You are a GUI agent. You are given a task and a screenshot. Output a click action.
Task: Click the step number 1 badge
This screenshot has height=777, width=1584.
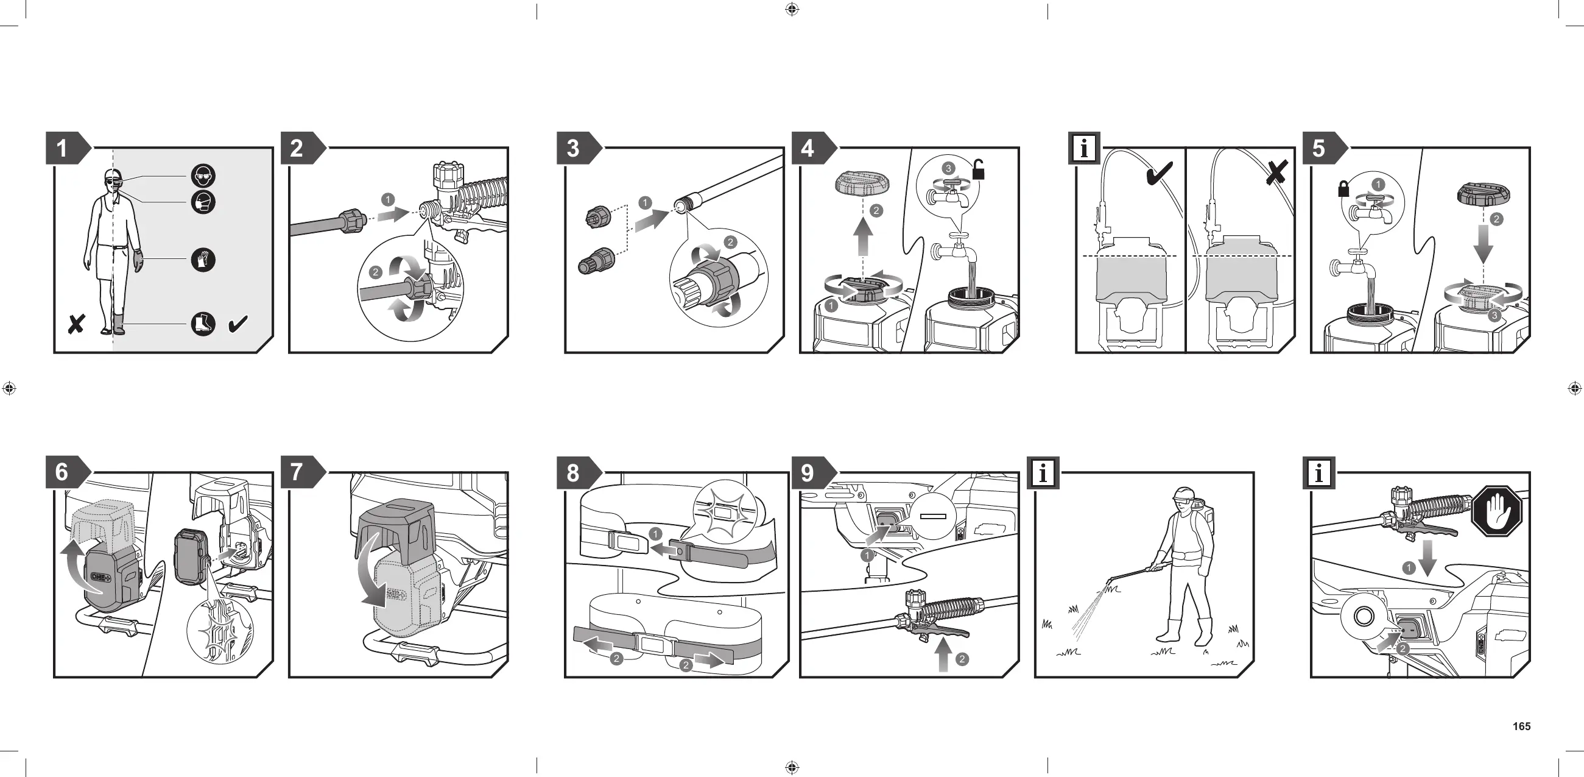[62, 148]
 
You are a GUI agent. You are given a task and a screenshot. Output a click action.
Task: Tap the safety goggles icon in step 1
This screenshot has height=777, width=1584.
[203, 176]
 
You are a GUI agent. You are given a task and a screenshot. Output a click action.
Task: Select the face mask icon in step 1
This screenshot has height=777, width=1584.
[203, 202]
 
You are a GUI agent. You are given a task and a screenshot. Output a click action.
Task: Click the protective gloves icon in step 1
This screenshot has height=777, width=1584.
[203, 260]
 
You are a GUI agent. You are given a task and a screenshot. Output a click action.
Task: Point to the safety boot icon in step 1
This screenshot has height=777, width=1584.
[203, 324]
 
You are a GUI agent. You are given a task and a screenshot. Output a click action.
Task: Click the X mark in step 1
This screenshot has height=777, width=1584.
[76, 324]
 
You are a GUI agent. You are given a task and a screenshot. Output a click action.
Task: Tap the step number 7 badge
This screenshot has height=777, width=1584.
[297, 472]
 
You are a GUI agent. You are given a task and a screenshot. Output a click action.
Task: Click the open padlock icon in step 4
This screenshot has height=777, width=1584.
[978, 169]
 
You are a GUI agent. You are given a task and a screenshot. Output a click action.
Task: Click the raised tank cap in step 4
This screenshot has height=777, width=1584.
[863, 182]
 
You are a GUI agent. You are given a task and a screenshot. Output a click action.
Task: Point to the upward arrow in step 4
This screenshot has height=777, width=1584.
[864, 238]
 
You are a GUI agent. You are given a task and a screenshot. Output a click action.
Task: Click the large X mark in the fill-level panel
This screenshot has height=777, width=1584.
[1276, 173]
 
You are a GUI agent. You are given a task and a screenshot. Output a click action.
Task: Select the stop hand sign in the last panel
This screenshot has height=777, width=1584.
[1497, 511]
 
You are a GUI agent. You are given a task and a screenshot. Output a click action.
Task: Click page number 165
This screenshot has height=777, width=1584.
[1521, 726]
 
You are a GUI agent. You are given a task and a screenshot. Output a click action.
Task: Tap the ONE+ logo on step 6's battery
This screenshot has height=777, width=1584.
[102, 577]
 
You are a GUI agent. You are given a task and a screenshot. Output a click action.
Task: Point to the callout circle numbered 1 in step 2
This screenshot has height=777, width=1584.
[387, 199]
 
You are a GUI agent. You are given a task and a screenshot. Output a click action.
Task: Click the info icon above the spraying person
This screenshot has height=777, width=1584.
[1043, 473]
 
